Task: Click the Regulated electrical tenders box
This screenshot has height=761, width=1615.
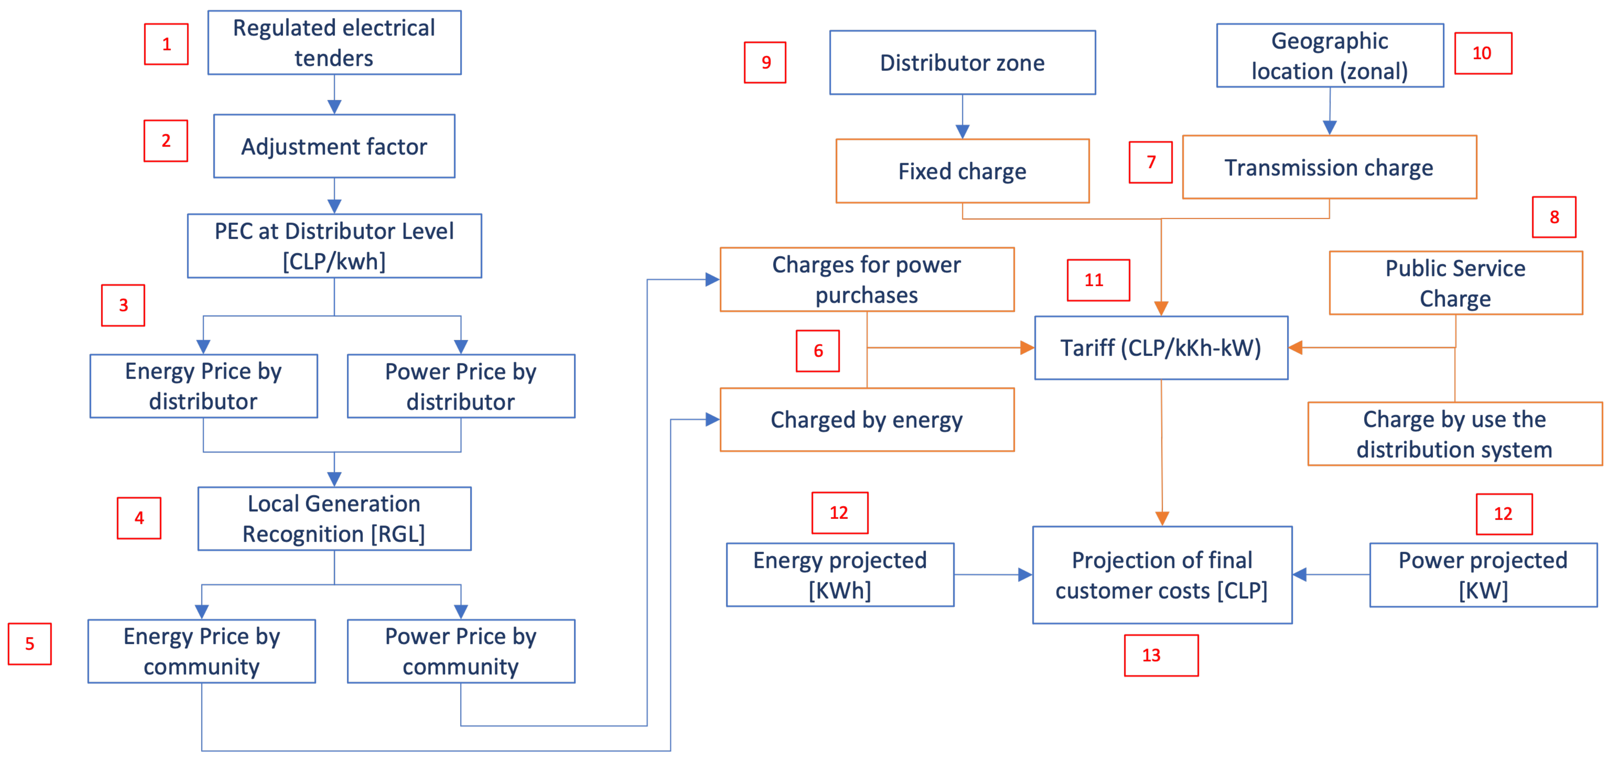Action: (334, 43)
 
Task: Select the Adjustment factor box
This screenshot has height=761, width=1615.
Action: (334, 146)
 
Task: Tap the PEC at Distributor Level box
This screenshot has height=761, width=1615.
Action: (334, 246)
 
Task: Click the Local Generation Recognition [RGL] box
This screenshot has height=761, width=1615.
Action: (334, 518)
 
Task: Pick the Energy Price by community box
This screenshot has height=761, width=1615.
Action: (201, 651)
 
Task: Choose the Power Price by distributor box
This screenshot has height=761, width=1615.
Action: (461, 386)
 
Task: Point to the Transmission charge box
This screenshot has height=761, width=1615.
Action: (1329, 167)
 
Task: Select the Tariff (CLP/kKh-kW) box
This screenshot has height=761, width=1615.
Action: (1161, 348)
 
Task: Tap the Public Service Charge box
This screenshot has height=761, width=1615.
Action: (1455, 283)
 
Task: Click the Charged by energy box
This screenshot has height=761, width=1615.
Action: (866, 419)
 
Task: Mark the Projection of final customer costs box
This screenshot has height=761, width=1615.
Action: (1162, 575)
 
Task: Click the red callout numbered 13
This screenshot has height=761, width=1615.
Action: (1161, 655)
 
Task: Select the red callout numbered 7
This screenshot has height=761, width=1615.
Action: (1150, 162)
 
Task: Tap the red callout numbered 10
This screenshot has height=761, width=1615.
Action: (1483, 53)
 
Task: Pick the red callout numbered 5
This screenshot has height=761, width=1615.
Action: (30, 644)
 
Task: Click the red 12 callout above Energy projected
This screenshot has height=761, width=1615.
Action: (840, 513)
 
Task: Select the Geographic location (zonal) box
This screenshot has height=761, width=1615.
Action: (1330, 56)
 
